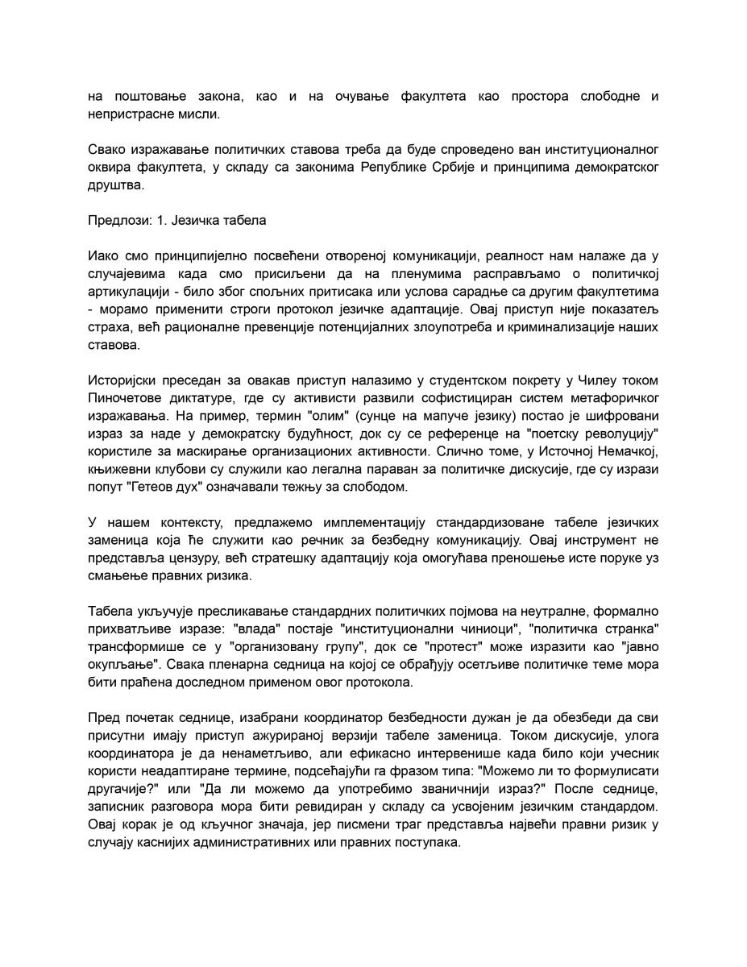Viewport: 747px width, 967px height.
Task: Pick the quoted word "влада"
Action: point(255,629)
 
